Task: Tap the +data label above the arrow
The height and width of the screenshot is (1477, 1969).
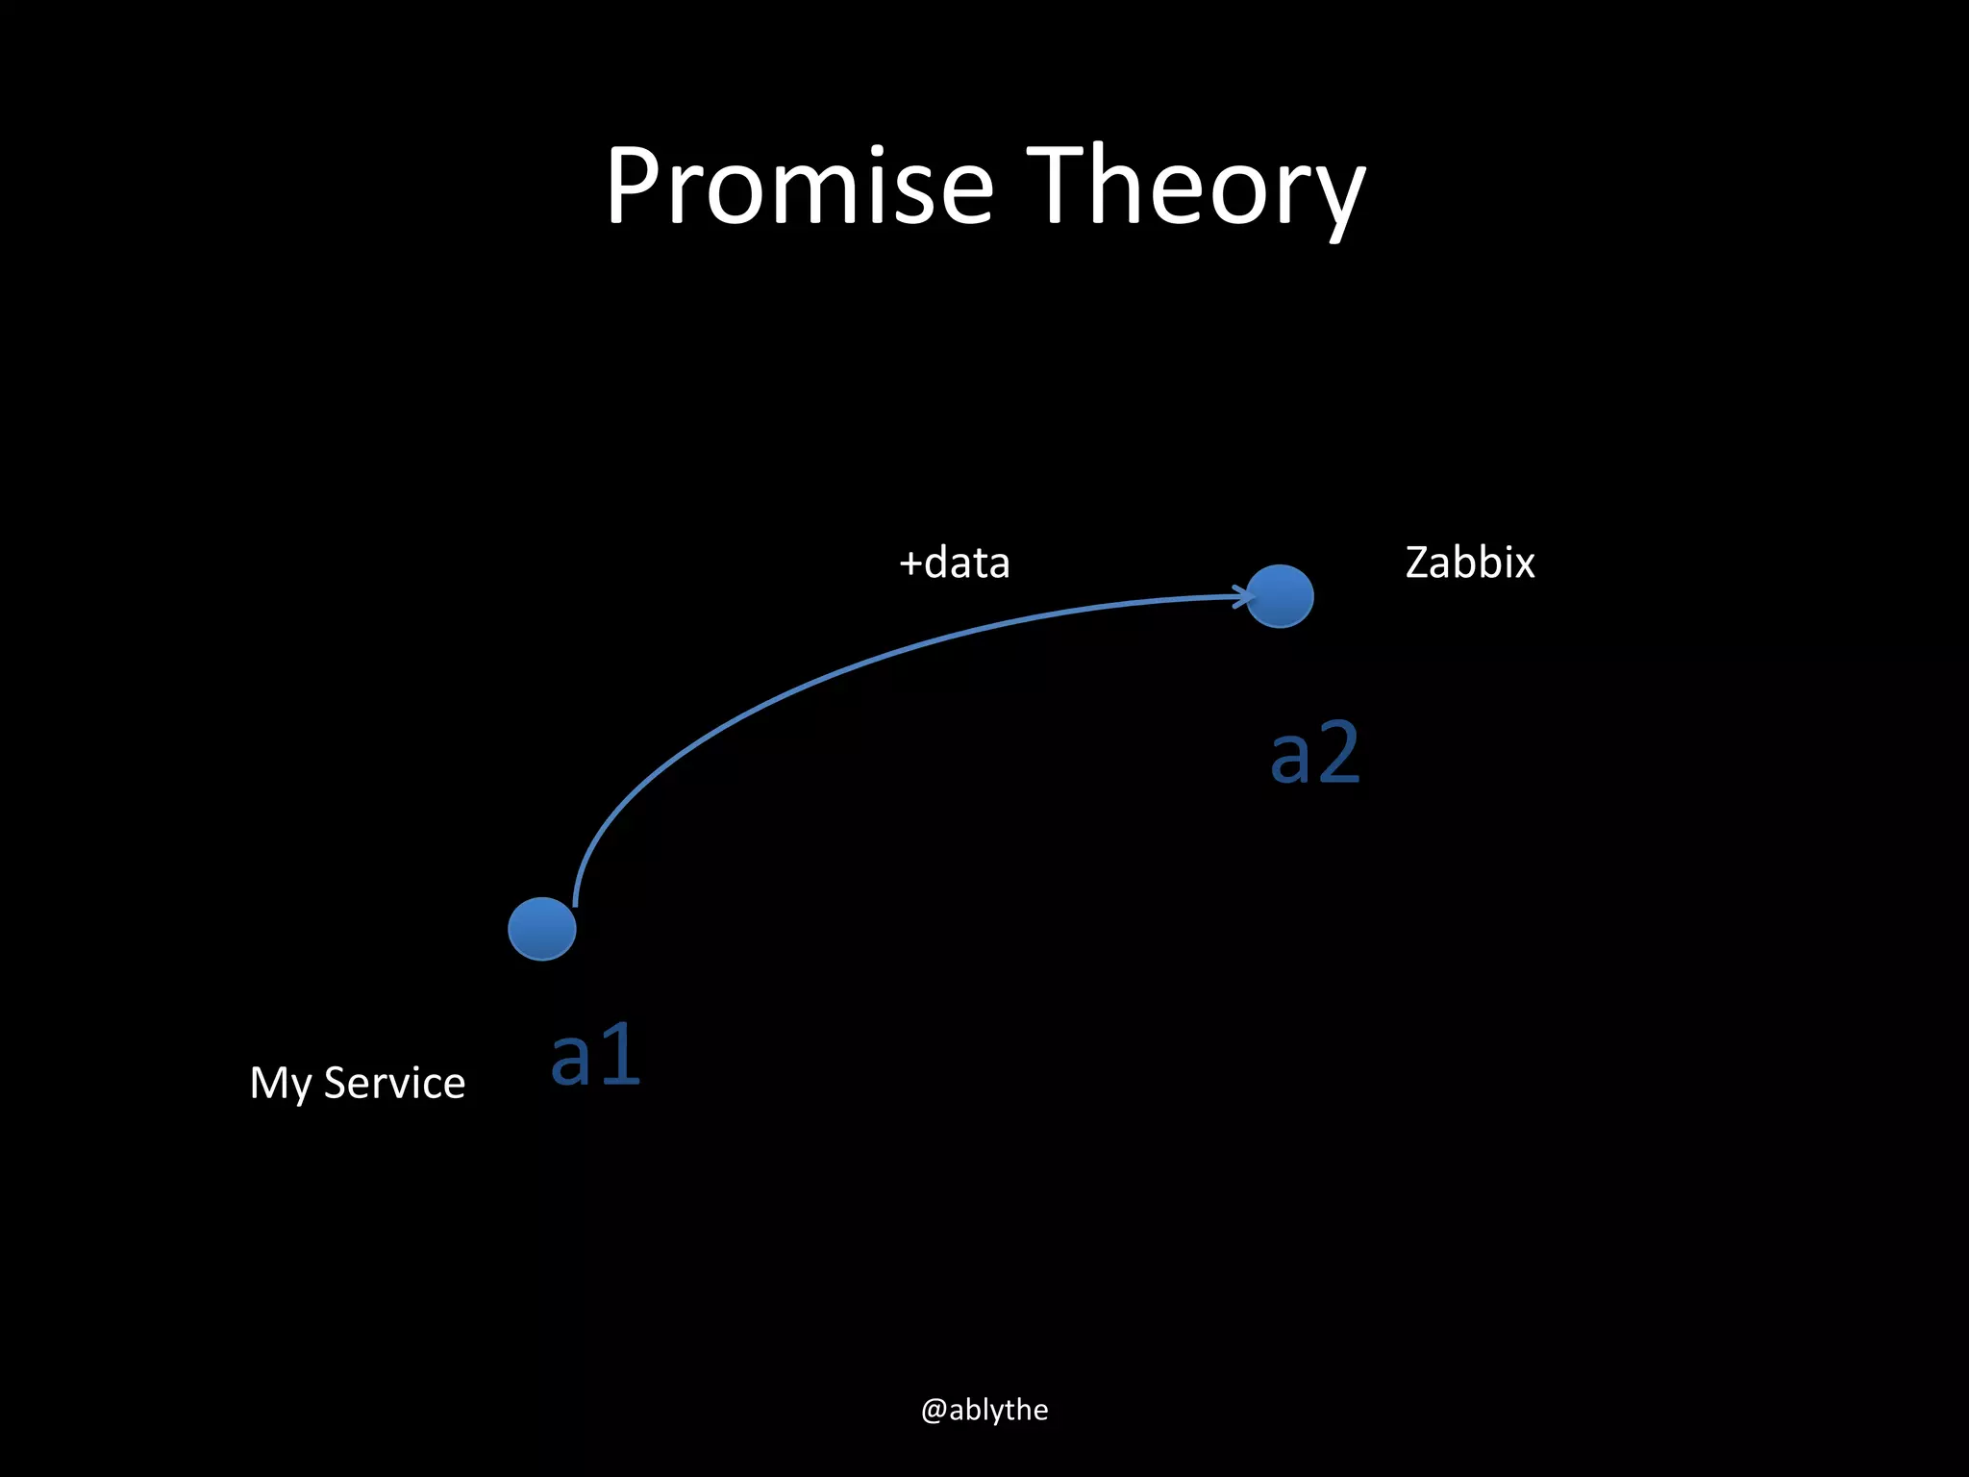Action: [x=954, y=563]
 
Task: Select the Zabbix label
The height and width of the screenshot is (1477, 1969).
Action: [x=1470, y=563]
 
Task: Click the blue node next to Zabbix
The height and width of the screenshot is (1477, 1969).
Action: [x=1280, y=596]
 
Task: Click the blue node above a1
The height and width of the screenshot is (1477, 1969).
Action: [x=542, y=929]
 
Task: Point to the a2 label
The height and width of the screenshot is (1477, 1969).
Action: [x=1314, y=753]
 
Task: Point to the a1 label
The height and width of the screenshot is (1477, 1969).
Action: [x=595, y=1056]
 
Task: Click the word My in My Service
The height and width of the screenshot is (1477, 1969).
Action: [x=280, y=1085]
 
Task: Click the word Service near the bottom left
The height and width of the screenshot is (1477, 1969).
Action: [x=394, y=1083]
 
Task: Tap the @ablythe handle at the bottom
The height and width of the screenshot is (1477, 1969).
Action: [x=984, y=1410]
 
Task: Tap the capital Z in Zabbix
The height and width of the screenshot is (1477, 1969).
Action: [x=1419, y=563]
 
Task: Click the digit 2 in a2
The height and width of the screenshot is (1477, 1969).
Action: [x=1337, y=753]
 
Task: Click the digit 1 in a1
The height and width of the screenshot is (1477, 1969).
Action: [x=620, y=1056]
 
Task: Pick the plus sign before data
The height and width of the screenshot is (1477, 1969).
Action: [x=910, y=564]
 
